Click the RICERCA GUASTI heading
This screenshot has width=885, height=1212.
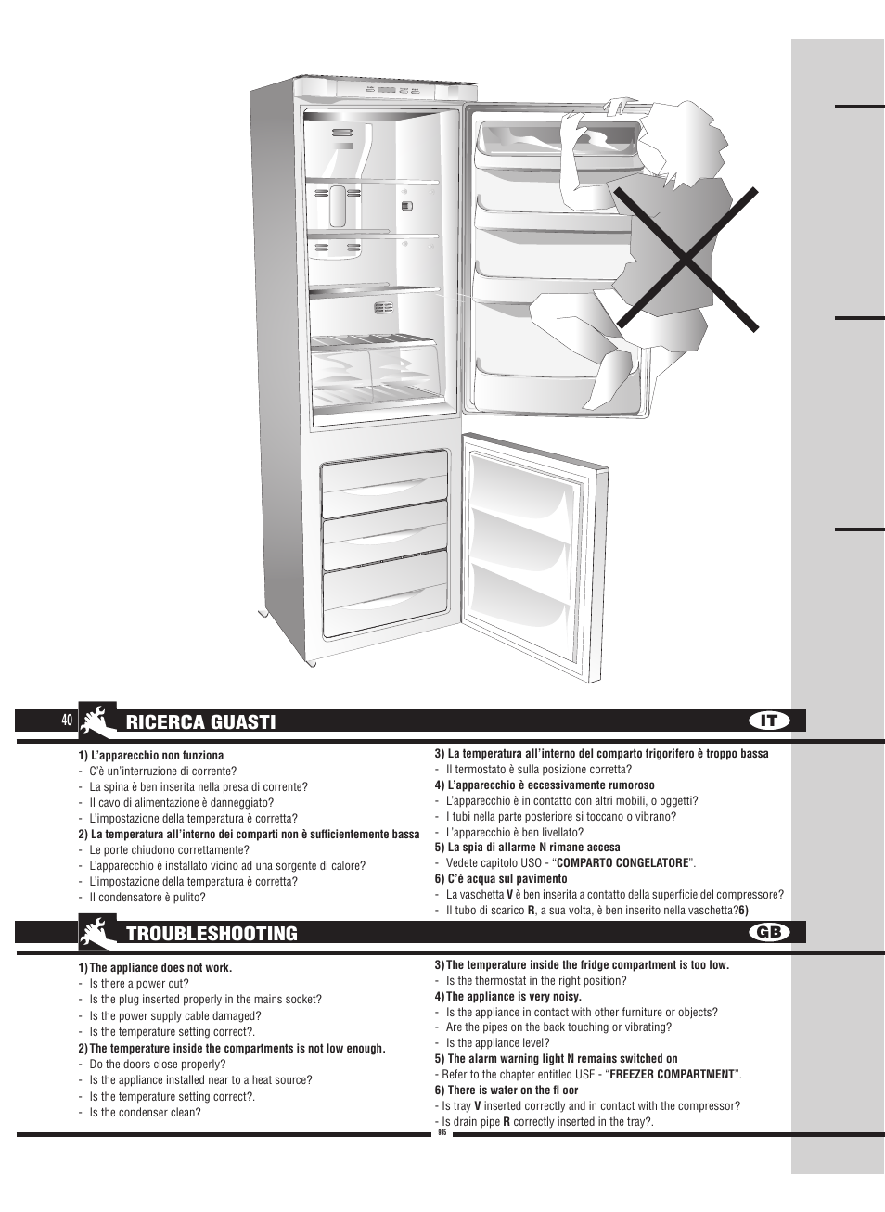(200, 721)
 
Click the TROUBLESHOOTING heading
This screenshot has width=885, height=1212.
(212, 933)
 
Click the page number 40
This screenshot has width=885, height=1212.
(67, 721)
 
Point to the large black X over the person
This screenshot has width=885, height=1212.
(688, 257)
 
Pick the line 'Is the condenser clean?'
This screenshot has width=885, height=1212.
(145, 1112)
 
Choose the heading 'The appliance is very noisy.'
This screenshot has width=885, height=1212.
(513, 997)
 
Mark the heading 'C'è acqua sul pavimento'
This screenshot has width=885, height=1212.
(507, 879)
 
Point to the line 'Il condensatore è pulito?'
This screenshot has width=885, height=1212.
(147, 898)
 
